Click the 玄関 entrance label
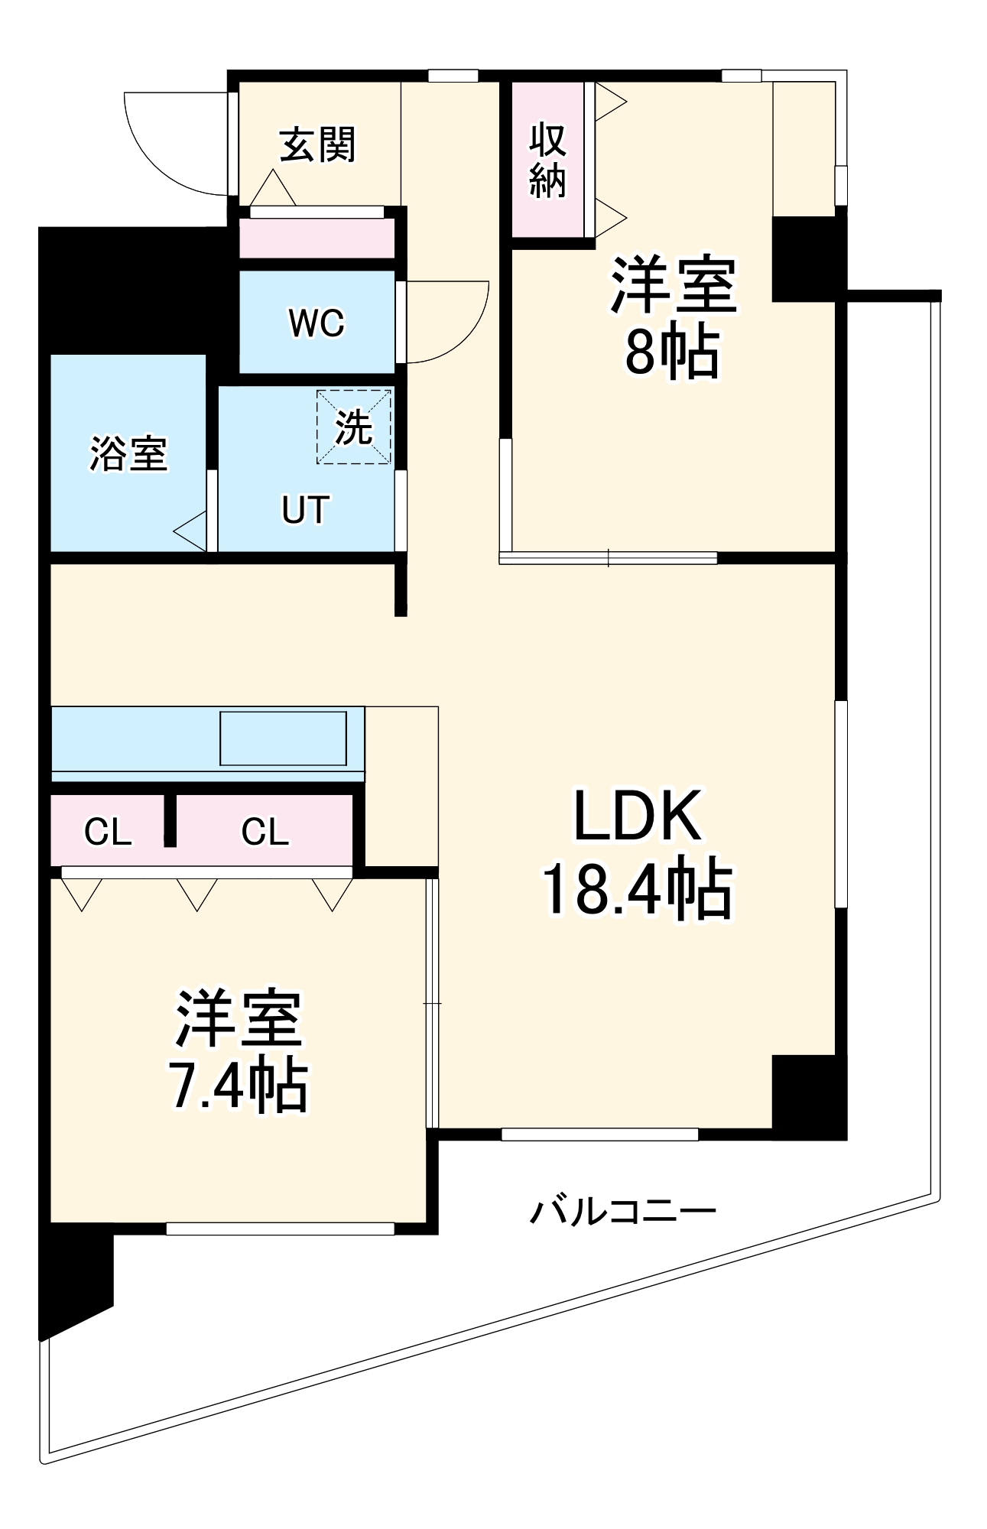[317, 144]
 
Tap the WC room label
[317, 323]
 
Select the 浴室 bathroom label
[128, 453]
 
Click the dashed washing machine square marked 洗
[354, 427]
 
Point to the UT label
[305, 510]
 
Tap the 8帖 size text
[672, 352]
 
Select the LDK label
[638, 816]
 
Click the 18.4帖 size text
[638, 891]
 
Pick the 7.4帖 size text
[238, 1086]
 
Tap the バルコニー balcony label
[623, 1212]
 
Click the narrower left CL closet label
[108, 832]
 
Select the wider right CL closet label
[265, 832]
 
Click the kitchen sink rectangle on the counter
[283, 738]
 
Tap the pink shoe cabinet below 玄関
[317, 239]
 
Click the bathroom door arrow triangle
[191, 531]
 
